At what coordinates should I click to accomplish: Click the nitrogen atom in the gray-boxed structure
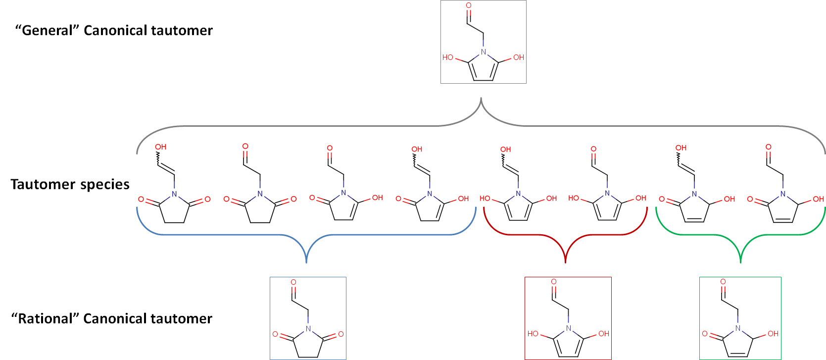484,52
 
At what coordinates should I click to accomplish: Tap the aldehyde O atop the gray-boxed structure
468,6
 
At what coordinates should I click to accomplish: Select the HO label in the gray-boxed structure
448,57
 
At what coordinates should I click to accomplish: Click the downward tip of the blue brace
306,262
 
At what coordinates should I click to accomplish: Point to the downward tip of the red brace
565,262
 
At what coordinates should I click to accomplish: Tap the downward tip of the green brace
740,262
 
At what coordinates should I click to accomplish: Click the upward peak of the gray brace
481,99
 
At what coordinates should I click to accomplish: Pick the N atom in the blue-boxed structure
308,328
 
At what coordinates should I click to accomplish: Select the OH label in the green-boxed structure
773,334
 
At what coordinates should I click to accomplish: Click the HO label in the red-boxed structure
533,334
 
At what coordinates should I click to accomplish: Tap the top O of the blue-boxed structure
293,282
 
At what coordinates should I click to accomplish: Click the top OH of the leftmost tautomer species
161,147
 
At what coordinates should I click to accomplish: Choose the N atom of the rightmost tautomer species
782,194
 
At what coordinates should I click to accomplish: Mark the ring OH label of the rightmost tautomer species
818,199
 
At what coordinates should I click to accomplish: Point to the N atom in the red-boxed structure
568,328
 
